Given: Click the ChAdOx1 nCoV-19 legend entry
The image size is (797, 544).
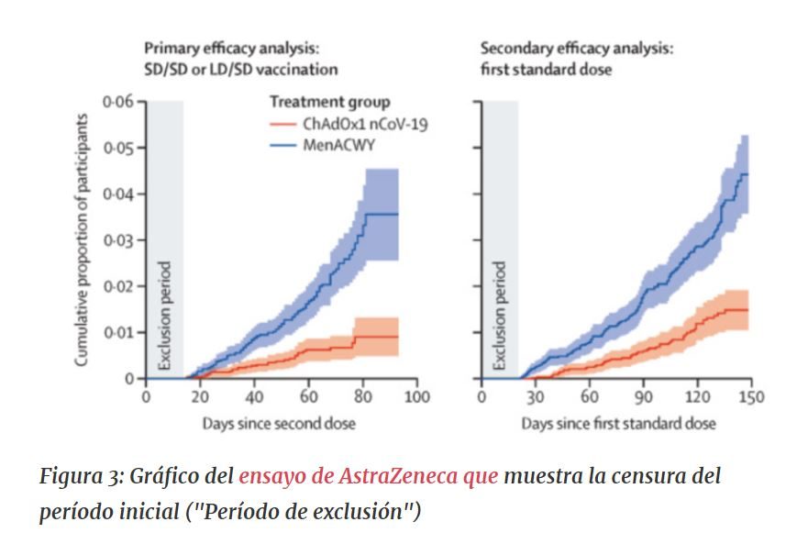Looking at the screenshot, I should click(x=349, y=123).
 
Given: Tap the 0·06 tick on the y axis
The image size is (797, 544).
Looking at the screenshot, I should click(x=118, y=101).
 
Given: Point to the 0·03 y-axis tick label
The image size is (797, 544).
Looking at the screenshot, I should click(x=118, y=240).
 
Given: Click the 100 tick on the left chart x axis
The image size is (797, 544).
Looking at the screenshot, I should click(x=417, y=397).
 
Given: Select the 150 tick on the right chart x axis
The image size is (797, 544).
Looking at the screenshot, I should click(x=751, y=397).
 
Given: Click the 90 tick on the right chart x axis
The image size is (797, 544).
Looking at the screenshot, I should click(x=644, y=397).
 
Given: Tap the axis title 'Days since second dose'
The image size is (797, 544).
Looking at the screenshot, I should click(x=279, y=423).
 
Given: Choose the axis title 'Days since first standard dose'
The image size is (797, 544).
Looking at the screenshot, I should click(x=618, y=423).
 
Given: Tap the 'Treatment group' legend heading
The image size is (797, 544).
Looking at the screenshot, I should click(x=329, y=102).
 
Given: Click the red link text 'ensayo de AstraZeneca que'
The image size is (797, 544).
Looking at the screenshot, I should click(x=369, y=477).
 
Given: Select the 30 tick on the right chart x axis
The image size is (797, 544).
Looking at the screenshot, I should click(x=537, y=397).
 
